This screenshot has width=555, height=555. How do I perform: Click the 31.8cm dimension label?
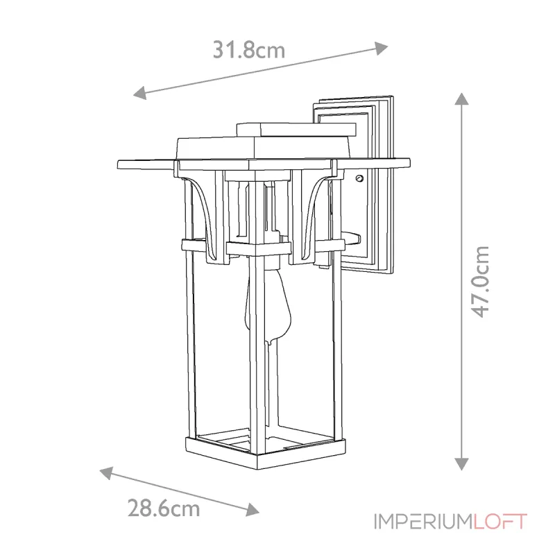249,50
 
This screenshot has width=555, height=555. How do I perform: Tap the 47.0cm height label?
480,282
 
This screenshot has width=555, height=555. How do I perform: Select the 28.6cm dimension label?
164,509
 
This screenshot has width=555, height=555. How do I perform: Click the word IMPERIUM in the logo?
423,522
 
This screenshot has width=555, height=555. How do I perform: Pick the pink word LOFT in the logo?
500,522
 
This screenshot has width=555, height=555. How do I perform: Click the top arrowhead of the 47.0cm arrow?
461,99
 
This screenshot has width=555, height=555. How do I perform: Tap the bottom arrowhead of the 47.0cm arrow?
461,463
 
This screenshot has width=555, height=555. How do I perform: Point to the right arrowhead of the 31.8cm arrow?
381,48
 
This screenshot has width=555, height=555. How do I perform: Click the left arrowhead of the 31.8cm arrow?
140,93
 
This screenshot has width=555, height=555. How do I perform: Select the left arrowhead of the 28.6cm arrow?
107,473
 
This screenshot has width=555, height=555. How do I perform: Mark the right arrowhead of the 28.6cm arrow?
253,509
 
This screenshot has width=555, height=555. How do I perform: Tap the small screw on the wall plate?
360,179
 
